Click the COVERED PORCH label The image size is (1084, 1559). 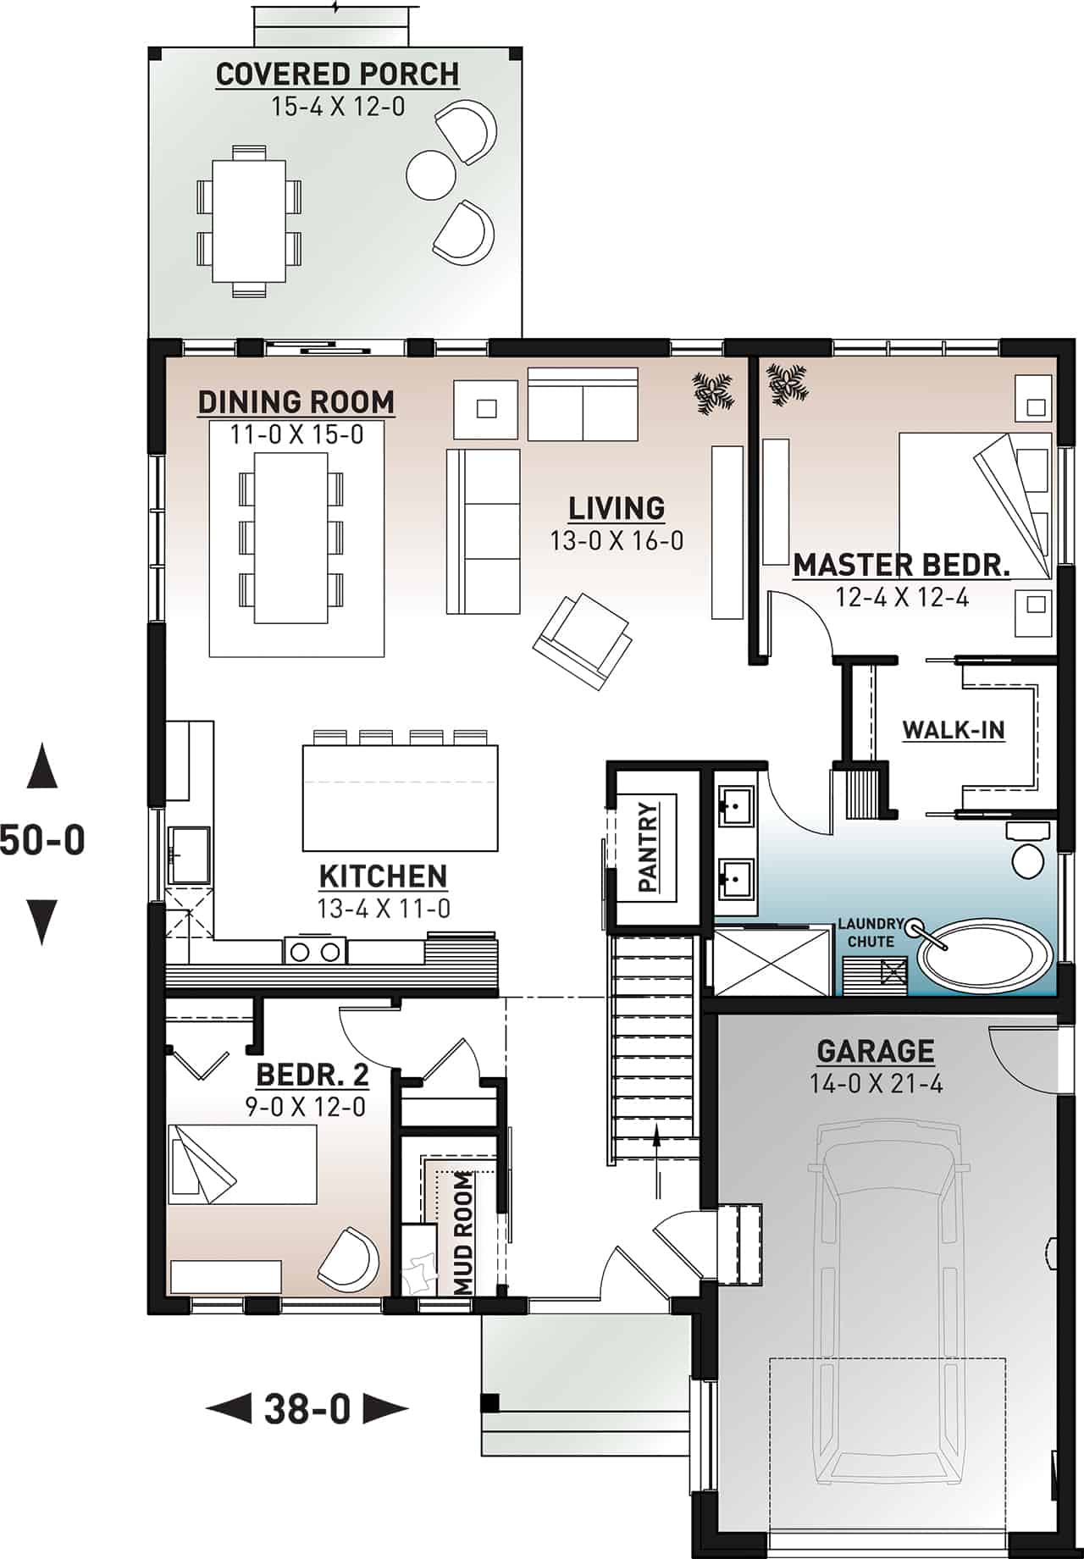[x=337, y=75]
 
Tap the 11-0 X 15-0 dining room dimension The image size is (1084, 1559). [x=296, y=434]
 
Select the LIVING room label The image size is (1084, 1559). [x=616, y=508]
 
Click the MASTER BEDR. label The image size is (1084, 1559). [x=901, y=565]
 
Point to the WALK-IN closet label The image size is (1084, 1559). [x=954, y=729]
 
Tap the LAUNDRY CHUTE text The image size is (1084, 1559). [x=871, y=932]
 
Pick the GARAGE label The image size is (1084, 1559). [x=875, y=1051]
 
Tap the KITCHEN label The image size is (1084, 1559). [x=383, y=876]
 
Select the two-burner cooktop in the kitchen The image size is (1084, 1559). [x=315, y=951]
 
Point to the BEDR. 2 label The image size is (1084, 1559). [x=312, y=1075]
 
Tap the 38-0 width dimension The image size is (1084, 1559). [x=307, y=1409]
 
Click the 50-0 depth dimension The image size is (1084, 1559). [x=42, y=840]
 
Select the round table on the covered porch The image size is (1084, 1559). [x=431, y=174]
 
